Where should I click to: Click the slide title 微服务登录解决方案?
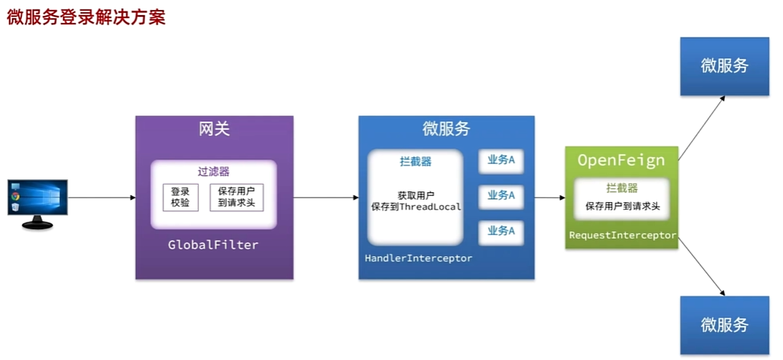pos(86,17)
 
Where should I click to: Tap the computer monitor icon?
pos(37,202)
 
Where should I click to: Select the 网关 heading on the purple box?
pos(214,129)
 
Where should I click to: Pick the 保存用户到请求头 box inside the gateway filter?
pos(236,197)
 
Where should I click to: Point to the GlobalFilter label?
pos(213,245)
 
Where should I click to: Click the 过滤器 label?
pos(213,172)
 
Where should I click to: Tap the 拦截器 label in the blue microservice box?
pos(415,162)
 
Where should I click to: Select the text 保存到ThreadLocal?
pos(415,207)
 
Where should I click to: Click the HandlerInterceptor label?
pos(418,258)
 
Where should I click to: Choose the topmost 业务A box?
pos(501,160)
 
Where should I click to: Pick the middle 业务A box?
pos(501,195)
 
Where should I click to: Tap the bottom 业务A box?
pos(501,231)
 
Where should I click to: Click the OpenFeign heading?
pos(621,160)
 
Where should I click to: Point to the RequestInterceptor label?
pos(622,235)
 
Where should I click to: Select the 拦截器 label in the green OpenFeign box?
pos(621,188)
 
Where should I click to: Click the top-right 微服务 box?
pos(725,65)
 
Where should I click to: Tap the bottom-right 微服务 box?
pos(725,325)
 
